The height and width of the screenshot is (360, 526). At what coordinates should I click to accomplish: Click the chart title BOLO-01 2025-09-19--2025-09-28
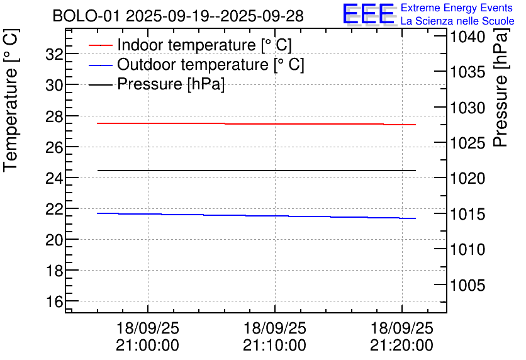pyautogui.click(x=178, y=16)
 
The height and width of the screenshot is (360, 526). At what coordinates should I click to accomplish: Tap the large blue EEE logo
pyautogui.click(x=368, y=14)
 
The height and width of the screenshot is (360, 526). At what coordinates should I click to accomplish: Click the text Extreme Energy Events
pyautogui.click(x=457, y=8)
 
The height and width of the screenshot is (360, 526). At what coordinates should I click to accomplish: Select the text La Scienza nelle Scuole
pyautogui.click(x=457, y=21)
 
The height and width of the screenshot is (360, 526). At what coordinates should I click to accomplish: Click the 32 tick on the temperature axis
pyautogui.click(x=53, y=54)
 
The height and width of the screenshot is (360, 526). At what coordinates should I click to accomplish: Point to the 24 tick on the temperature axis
pyautogui.click(x=53, y=178)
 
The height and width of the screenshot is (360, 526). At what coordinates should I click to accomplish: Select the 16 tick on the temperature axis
pyautogui.click(x=53, y=301)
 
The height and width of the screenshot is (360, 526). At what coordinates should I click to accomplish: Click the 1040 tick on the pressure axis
pyautogui.click(x=467, y=37)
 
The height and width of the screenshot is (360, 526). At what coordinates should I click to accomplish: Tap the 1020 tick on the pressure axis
pyautogui.click(x=467, y=179)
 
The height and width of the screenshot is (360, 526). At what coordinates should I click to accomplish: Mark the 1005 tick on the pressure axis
pyautogui.click(x=467, y=285)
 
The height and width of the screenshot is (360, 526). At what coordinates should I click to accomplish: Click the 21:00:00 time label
pyautogui.click(x=147, y=346)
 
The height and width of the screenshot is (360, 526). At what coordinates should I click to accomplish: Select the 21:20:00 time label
pyautogui.click(x=401, y=346)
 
